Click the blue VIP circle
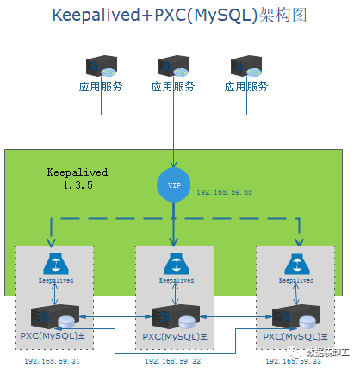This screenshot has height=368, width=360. point(175,185)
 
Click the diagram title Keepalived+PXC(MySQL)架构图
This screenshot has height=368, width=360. point(179,17)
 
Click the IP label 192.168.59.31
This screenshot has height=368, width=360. point(53,361)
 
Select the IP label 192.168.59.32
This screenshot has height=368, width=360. point(174,361)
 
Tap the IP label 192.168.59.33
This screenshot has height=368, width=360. point(295,361)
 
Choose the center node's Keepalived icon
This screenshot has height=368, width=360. point(175,265)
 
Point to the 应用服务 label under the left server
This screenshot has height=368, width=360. point(101,87)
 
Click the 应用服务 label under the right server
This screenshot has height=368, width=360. point(246,87)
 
